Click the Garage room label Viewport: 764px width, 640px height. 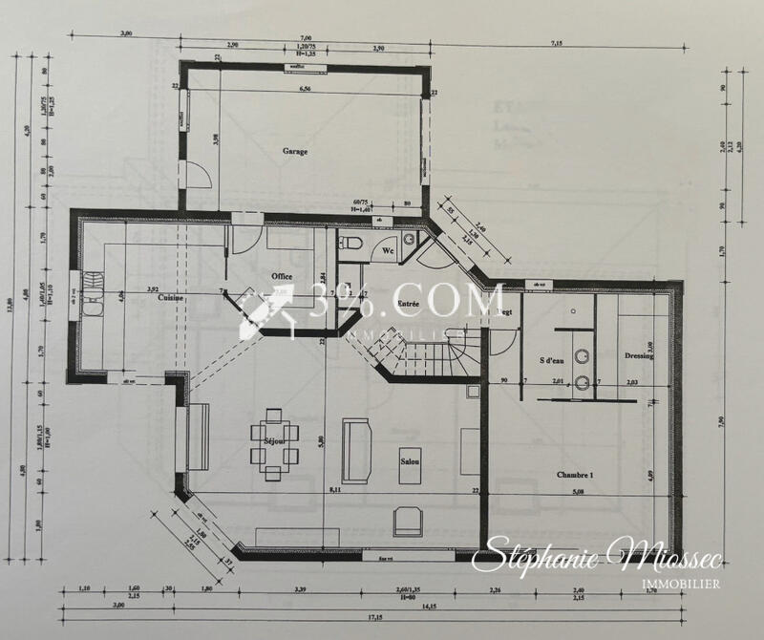[x=294, y=151]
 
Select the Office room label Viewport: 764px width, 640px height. [x=282, y=276]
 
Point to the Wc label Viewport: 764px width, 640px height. [x=389, y=250]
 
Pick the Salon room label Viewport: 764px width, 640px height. [x=412, y=462]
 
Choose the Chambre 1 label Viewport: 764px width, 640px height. [x=576, y=475]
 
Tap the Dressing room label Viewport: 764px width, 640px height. [x=639, y=356]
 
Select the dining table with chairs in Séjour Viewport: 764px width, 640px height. [x=272, y=442]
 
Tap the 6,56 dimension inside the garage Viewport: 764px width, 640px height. [x=306, y=90]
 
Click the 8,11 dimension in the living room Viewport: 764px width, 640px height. [x=334, y=489]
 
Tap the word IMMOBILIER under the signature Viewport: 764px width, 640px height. [x=680, y=583]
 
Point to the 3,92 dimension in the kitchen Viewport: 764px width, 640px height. [x=152, y=289]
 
